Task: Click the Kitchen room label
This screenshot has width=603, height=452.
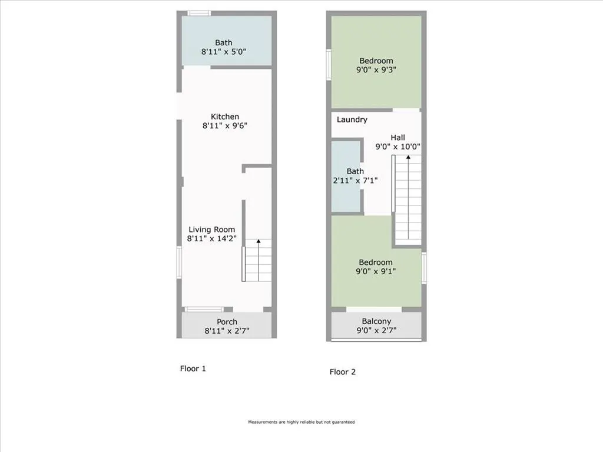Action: (x=225, y=117)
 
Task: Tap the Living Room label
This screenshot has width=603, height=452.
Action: (x=211, y=230)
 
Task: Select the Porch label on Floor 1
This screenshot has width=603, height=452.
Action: (x=227, y=322)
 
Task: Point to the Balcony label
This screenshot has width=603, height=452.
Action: (x=376, y=321)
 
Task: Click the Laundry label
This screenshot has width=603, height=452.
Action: (x=352, y=119)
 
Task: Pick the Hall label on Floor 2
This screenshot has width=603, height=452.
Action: (x=397, y=137)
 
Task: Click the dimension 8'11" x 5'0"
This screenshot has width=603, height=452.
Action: (x=223, y=52)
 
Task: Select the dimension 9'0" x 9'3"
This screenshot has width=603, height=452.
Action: (x=376, y=69)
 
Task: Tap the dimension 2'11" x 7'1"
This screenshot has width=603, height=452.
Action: (x=355, y=180)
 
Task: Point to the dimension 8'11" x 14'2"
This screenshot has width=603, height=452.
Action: (x=211, y=238)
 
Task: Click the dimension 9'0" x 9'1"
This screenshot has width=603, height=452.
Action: (x=376, y=271)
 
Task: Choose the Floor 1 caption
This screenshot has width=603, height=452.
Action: (x=193, y=368)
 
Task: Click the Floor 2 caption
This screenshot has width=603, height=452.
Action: (x=342, y=372)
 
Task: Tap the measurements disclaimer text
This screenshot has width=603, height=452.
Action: (x=301, y=422)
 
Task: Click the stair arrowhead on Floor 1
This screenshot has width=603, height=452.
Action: (x=259, y=241)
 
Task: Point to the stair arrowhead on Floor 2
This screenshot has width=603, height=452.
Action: (x=407, y=157)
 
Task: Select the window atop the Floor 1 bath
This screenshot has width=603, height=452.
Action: (x=199, y=14)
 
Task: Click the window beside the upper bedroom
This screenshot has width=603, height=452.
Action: (x=329, y=65)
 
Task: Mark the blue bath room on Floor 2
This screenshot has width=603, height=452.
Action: (x=346, y=177)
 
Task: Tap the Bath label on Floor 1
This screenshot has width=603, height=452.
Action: (x=223, y=42)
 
